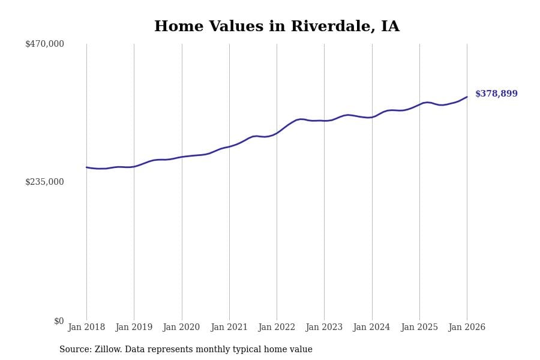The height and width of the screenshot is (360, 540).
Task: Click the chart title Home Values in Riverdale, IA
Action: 277,27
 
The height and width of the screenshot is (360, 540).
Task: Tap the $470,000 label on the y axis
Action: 44,44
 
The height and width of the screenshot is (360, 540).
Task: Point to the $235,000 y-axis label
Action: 44,182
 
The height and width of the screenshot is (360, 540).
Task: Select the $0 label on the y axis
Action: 59,321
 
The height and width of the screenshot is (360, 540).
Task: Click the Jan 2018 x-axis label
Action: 86,327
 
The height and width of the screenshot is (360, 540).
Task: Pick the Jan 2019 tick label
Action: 134,327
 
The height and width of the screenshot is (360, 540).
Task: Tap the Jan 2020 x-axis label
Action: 181,327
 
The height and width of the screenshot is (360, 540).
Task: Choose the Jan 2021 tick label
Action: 229,327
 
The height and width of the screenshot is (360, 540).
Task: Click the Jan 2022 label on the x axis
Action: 277,327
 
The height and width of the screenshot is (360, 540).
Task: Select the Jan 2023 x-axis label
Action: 324,327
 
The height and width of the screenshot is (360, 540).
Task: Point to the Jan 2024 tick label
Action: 371,327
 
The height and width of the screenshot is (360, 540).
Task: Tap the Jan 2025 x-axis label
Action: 419,327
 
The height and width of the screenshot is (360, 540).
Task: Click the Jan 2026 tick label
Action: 467,327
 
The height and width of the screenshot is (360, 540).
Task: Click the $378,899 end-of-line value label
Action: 496,94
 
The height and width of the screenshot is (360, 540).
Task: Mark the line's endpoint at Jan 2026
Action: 467,97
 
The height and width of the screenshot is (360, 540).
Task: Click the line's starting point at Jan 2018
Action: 86,167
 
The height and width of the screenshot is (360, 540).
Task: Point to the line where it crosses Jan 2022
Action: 277,133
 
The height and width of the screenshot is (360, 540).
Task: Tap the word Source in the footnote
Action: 74,350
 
